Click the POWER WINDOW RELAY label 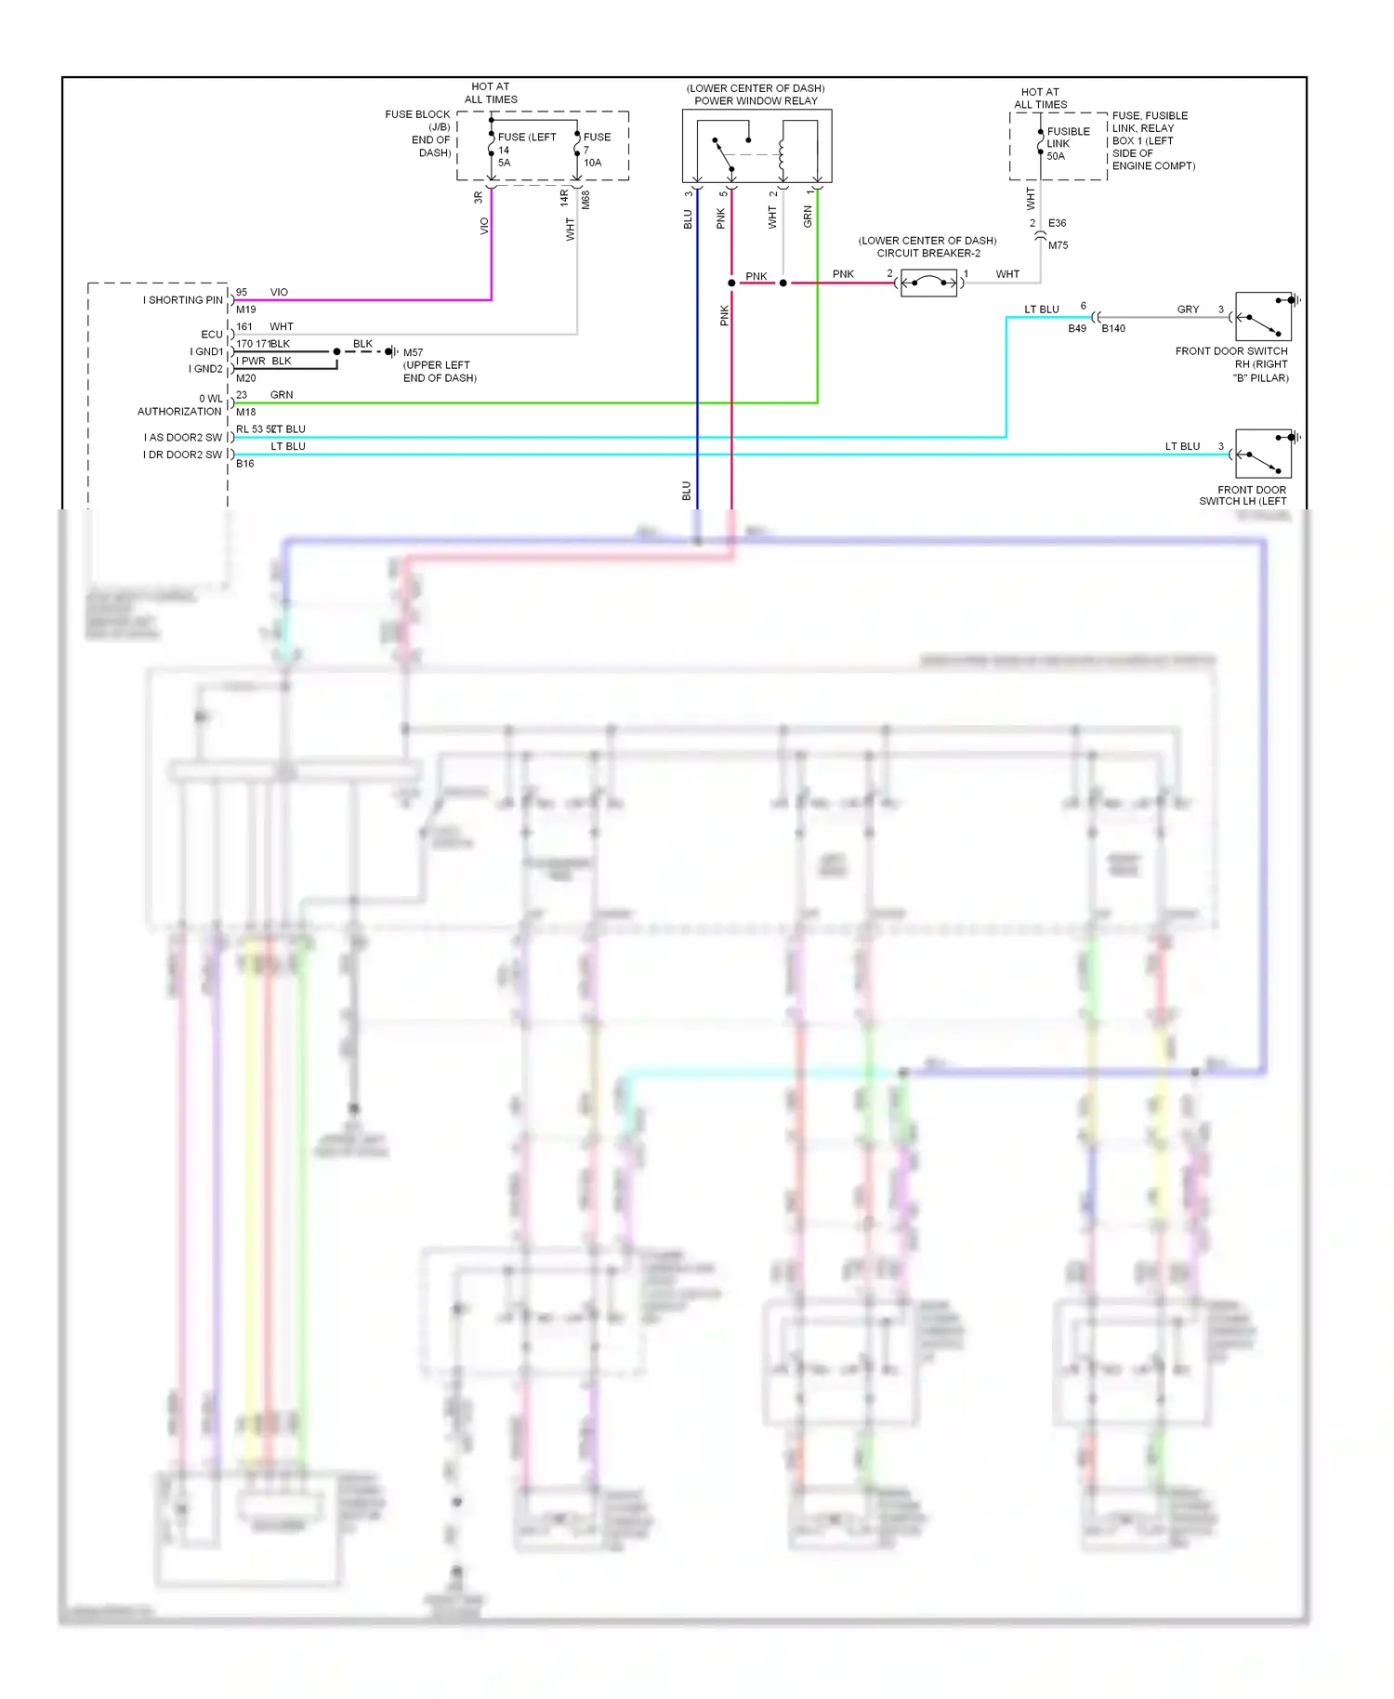(756, 100)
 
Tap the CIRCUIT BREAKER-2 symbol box (927, 283)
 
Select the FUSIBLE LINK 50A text (1067, 143)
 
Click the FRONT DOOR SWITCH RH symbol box (1263, 317)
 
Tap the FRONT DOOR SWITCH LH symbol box (1263, 454)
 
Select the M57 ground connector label (413, 352)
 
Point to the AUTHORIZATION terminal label (179, 411)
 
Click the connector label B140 (1112, 328)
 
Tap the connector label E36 (1057, 223)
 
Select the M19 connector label (245, 310)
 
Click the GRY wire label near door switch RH (1188, 310)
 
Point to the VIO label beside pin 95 (279, 292)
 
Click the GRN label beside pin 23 (281, 395)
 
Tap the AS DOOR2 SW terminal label (183, 437)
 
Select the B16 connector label (244, 463)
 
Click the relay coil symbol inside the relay (782, 155)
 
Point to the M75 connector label (1058, 245)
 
